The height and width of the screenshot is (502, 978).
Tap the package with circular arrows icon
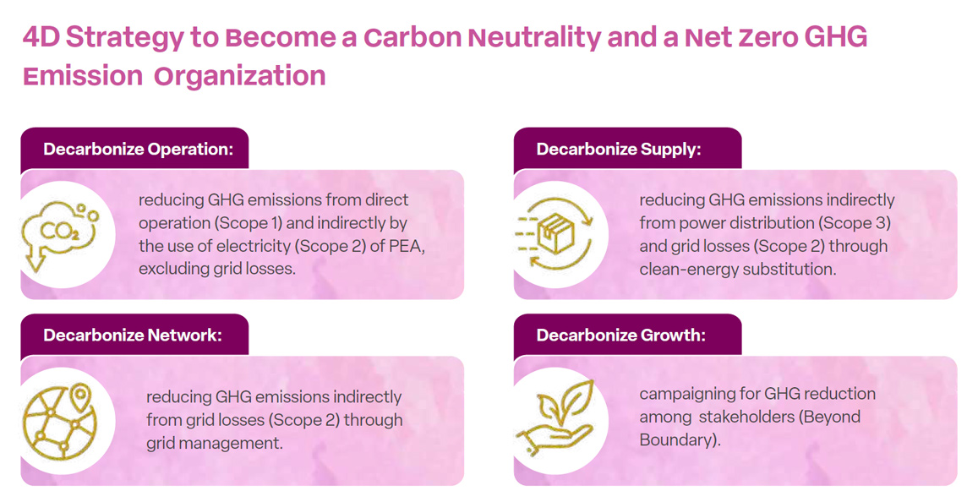click(x=554, y=234)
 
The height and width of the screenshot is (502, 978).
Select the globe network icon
click(x=60, y=421)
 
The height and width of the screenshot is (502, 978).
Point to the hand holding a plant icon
click(x=555, y=415)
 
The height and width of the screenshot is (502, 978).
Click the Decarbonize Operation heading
click(x=139, y=149)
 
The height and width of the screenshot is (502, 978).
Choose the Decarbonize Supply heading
click(x=619, y=149)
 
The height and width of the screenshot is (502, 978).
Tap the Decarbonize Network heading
click(x=133, y=335)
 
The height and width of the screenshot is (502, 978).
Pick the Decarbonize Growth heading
click(x=621, y=335)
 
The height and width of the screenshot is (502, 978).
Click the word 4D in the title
click(x=41, y=37)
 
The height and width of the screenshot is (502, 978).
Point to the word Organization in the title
click(x=239, y=76)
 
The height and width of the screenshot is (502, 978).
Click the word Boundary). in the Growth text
click(x=680, y=439)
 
